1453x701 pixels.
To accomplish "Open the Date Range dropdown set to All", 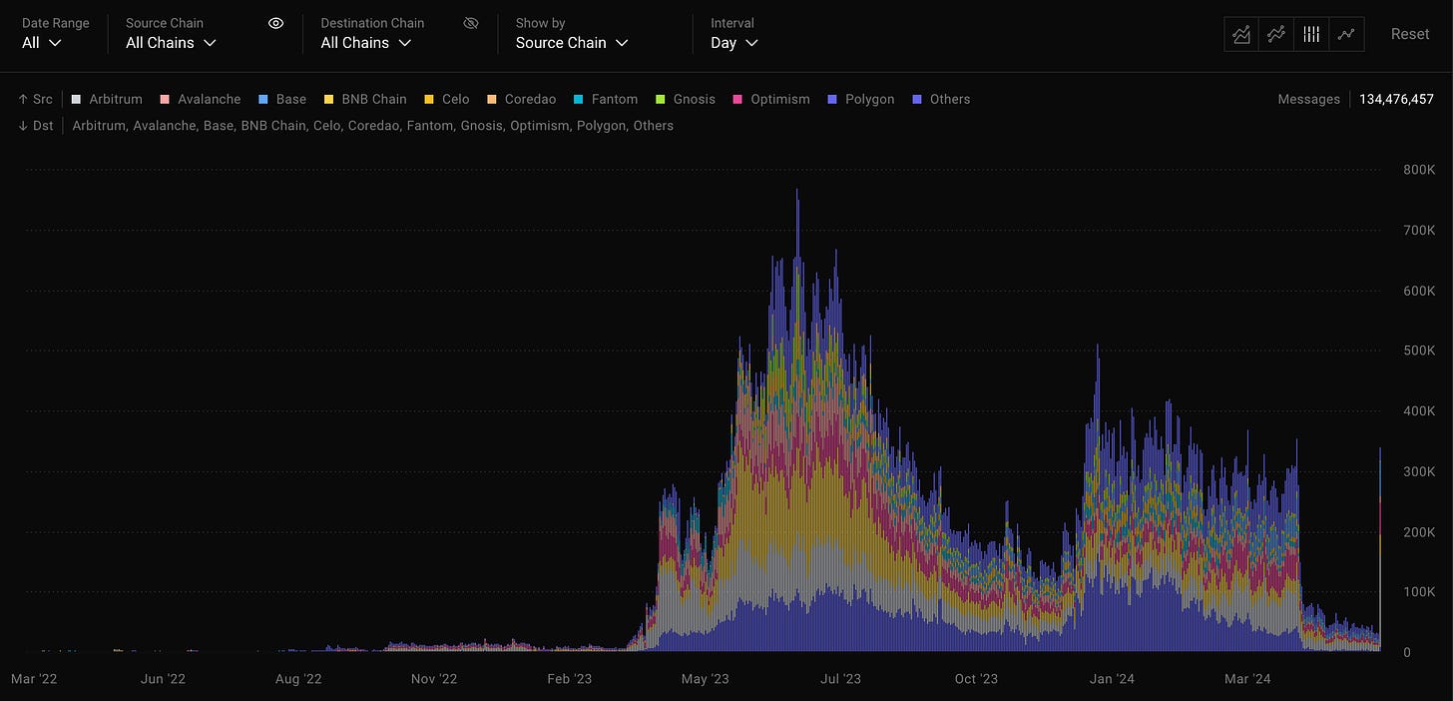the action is click(42, 43).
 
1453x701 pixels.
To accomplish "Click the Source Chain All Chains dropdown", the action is click(171, 43).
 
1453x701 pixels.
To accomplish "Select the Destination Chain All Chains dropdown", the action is click(366, 43).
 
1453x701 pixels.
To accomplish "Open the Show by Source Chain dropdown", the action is click(572, 43).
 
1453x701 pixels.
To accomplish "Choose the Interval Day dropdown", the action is click(733, 43).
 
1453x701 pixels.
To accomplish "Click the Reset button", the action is click(1409, 34).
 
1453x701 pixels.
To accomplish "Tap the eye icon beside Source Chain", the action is click(275, 23).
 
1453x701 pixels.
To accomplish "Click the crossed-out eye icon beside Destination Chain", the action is click(471, 23).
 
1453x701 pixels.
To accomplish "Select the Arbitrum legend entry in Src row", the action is click(107, 99).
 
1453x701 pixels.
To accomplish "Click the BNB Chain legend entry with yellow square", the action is click(365, 99).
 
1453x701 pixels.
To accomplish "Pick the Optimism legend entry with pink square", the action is click(771, 99).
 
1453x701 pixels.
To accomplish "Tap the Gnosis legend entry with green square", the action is click(686, 99).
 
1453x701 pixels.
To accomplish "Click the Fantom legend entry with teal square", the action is click(606, 99).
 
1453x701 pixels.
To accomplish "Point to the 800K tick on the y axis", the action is click(1419, 170).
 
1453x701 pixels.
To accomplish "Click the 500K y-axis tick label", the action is click(1419, 350).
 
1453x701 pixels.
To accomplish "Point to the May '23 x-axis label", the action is click(706, 679).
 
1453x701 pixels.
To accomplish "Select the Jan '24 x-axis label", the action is click(1112, 679).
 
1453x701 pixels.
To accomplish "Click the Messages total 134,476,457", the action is click(1396, 99).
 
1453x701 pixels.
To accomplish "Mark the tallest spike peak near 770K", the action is click(797, 190).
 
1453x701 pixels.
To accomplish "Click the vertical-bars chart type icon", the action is click(1311, 34).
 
